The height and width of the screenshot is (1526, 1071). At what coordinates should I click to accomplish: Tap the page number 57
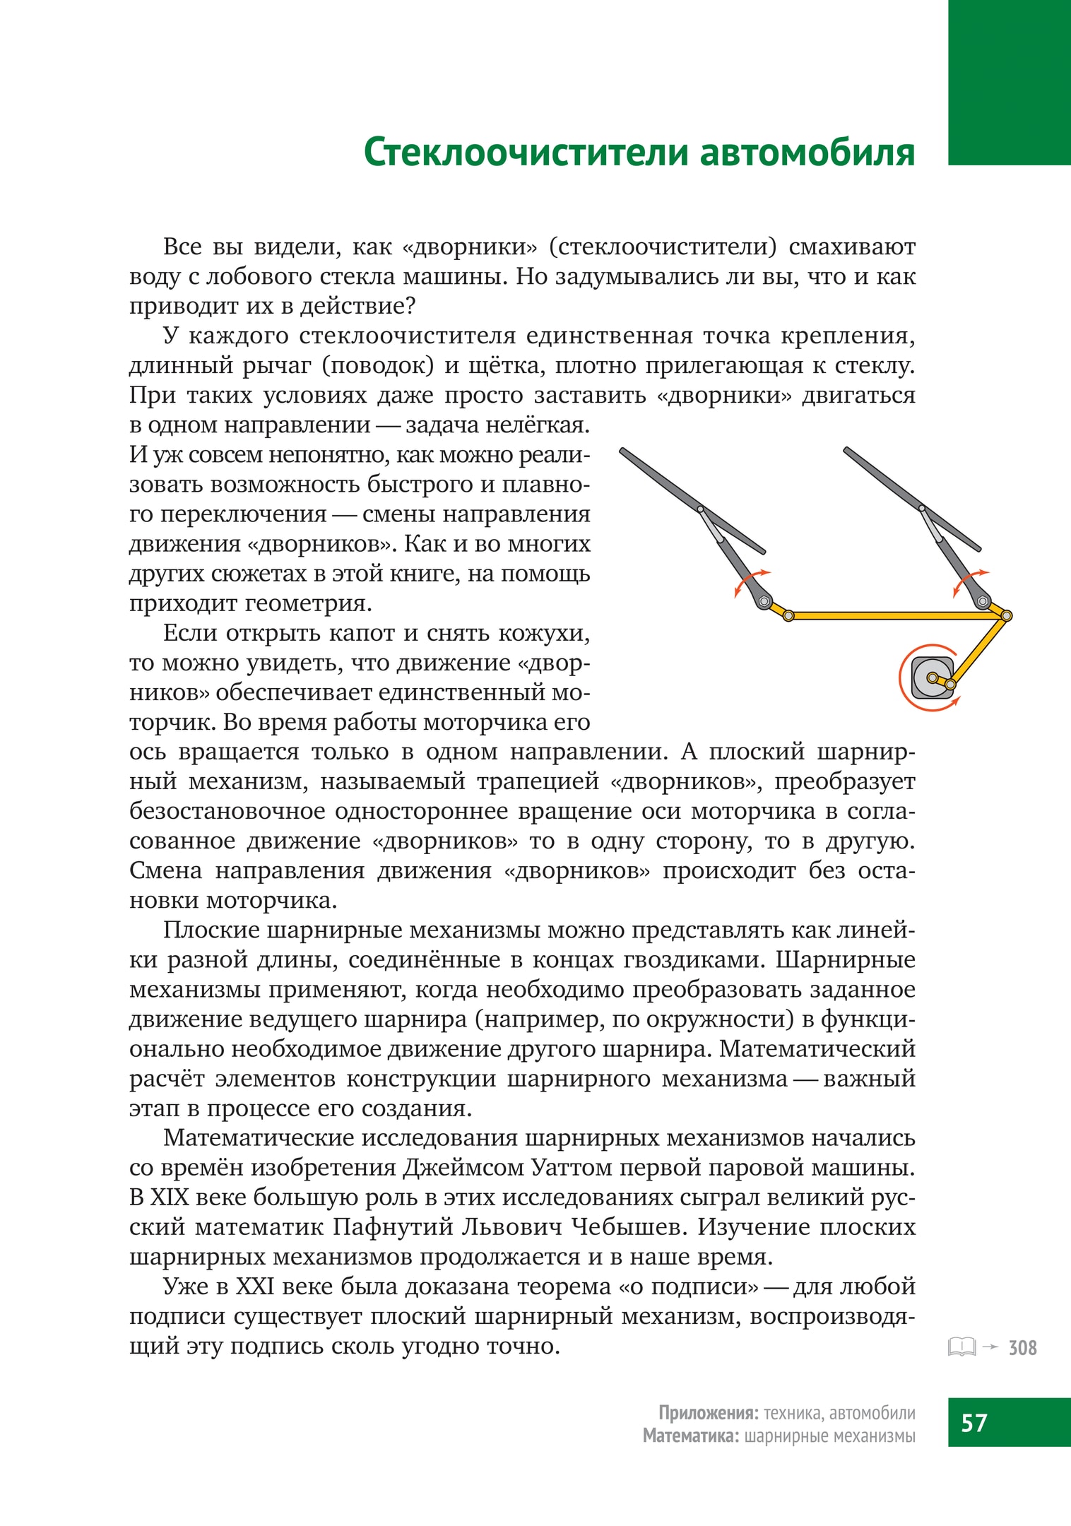click(974, 1421)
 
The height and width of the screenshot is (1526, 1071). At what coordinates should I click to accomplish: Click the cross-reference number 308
click(1022, 1348)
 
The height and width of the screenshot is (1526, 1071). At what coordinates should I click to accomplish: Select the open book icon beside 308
click(961, 1347)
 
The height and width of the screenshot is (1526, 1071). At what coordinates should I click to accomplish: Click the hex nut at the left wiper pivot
click(763, 601)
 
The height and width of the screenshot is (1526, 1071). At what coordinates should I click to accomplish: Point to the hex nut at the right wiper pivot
click(983, 601)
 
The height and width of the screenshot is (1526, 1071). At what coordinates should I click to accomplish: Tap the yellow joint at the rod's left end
click(789, 616)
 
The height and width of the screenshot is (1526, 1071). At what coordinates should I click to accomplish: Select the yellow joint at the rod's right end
click(1007, 616)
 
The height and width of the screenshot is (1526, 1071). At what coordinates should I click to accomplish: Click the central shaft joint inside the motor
click(932, 678)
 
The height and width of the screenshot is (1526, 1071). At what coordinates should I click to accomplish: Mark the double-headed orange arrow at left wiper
click(750, 581)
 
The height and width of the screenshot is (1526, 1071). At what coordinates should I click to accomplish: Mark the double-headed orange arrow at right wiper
click(969, 581)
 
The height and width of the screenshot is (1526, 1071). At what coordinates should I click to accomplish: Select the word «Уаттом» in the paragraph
click(572, 1167)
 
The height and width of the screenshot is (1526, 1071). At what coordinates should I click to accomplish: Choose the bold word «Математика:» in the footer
click(691, 1436)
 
